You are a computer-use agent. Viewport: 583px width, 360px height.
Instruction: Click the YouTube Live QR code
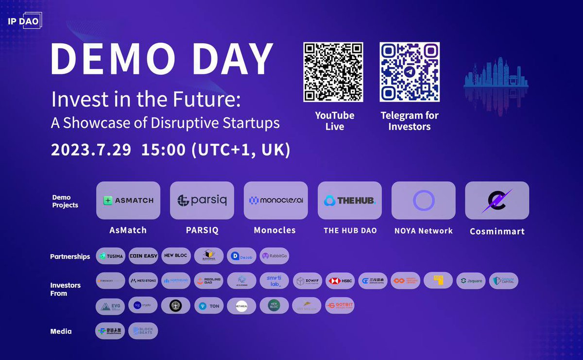[x=333, y=72]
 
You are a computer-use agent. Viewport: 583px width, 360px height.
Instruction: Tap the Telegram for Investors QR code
[x=410, y=72]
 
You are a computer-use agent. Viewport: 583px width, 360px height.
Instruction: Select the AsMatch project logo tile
[x=128, y=200]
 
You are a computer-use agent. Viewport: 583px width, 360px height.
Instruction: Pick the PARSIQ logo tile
[x=202, y=200]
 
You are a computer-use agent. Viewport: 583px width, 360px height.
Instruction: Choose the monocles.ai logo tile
[x=275, y=200]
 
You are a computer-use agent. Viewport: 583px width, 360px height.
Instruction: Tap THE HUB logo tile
[x=350, y=200]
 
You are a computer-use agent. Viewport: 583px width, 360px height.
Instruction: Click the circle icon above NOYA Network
[x=424, y=200]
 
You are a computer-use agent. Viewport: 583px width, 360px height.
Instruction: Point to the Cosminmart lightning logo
[x=497, y=200]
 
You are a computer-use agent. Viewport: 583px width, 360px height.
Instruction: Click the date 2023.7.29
[x=91, y=149]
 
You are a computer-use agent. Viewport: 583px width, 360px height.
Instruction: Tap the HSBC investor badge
[x=340, y=281]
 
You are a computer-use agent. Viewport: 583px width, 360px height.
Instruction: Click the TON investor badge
[x=209, y=306]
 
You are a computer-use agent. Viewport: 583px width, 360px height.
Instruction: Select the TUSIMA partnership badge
[x=110, y=256]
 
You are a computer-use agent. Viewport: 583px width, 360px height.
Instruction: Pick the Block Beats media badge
[x=143, y=331]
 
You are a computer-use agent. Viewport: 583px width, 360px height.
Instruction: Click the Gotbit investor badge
[x=340, y=306]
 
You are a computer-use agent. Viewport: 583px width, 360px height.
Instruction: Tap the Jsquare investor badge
[x=471, y=281]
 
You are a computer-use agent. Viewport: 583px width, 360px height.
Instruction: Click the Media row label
[x=61, y=331]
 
